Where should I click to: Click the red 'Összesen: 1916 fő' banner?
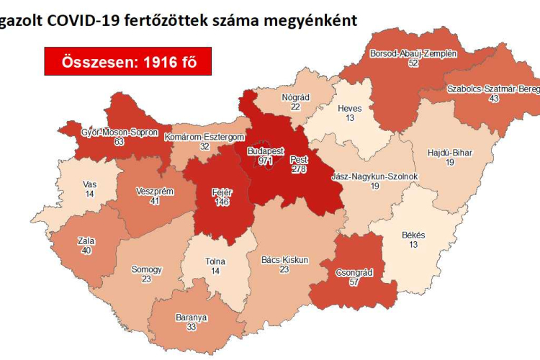click(127, 62)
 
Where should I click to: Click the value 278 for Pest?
click(300, 168)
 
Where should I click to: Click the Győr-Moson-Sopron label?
click(120, 132)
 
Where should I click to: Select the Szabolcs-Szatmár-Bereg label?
click(492, 89)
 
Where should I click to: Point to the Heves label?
click(350, 109)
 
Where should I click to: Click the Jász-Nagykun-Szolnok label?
click(374, 176)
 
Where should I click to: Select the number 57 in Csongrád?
click(352, 283)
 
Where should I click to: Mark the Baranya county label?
click(191, 317)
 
